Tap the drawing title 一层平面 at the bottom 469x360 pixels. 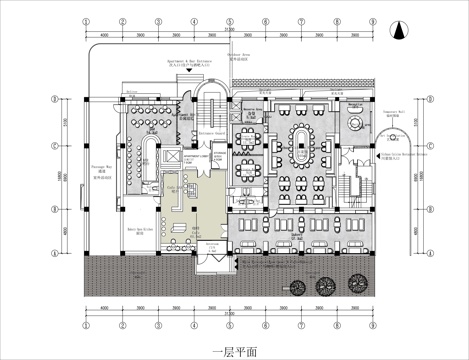pyautogui.click(x=234, y=351)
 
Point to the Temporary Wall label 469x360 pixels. pyautogui.click(x=394, y=115)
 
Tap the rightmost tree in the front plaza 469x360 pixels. pyautogui.click(x=355, y=288)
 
